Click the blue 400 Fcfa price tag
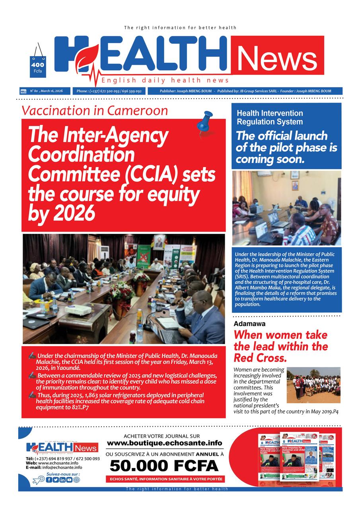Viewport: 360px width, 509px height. click(38, 67)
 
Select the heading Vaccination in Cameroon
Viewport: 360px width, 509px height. click(95, 110)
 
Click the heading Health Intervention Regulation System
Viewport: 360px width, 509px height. click(270, 117)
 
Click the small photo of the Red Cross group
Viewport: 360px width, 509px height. click(313, 385)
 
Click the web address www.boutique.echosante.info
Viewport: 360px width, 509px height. click(164, 443)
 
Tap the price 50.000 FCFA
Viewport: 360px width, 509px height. click(164, 465)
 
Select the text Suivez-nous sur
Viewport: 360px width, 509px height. click(63, 474)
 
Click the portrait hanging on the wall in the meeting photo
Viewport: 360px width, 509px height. click(158, 242)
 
